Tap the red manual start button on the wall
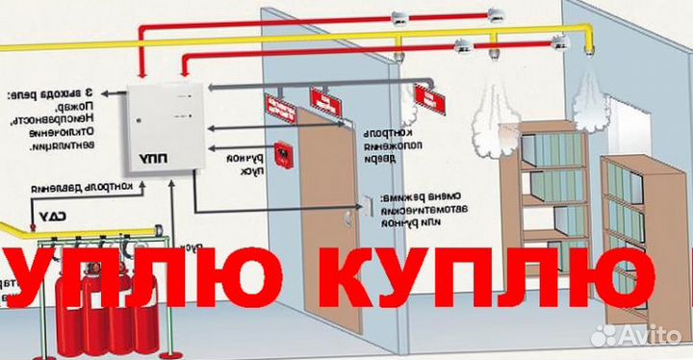point(284,154)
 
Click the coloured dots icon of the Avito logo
point(605,334)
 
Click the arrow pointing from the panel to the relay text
point(115,94)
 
